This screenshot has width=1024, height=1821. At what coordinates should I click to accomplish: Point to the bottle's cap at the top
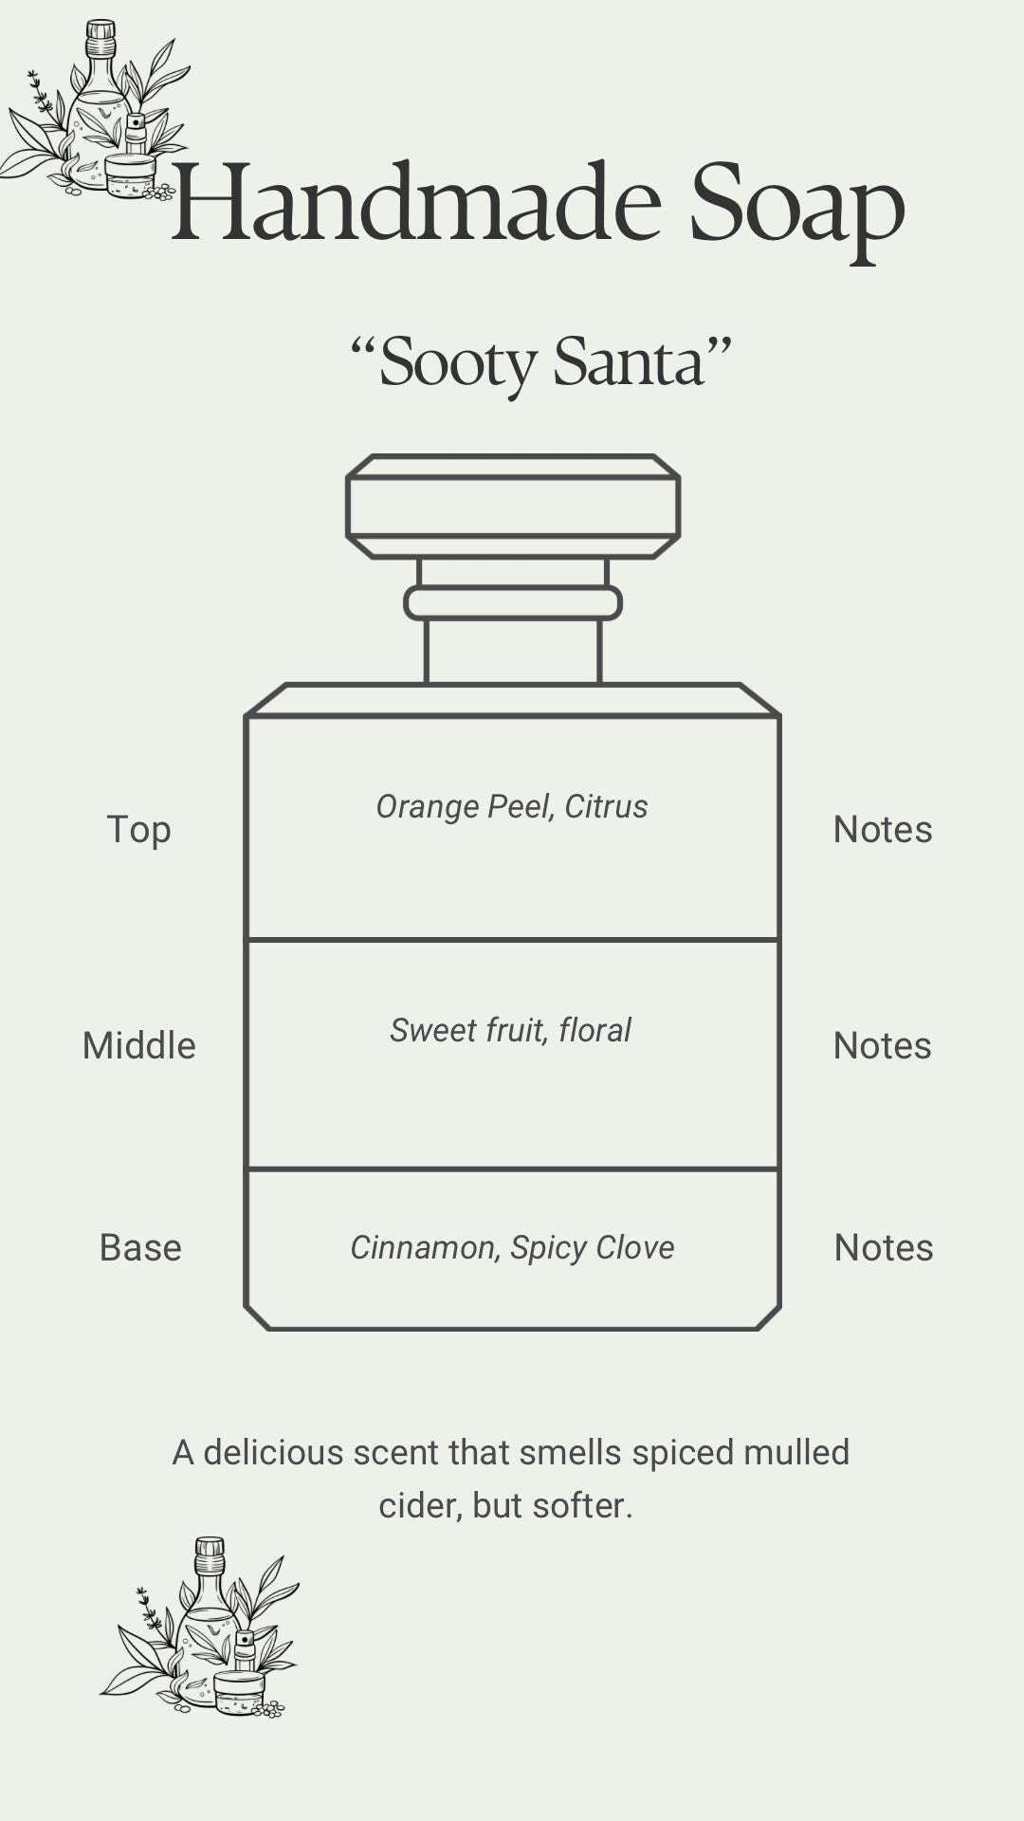coord(513,506)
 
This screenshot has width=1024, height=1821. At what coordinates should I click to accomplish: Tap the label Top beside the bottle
coord(138,829)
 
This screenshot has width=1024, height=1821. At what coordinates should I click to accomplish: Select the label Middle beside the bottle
coord(138,1045)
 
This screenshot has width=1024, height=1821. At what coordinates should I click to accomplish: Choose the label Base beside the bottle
coord(140,1247)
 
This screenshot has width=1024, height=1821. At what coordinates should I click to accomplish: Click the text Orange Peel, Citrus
coord(512,806)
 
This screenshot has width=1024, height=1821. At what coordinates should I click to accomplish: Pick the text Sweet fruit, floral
coord(510,1030)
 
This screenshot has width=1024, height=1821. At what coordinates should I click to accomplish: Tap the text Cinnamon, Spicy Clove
coord(512,1247)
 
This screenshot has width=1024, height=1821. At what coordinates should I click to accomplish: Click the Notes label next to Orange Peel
coord(883,829)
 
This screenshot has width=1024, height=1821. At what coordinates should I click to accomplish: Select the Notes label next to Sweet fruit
coord(883,1045)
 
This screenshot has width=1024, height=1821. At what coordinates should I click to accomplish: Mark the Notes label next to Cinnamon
coord(884,1247)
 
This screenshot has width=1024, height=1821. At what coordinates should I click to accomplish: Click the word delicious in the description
coord(273,1452)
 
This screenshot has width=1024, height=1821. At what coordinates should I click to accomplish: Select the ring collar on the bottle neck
coord(513,603)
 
